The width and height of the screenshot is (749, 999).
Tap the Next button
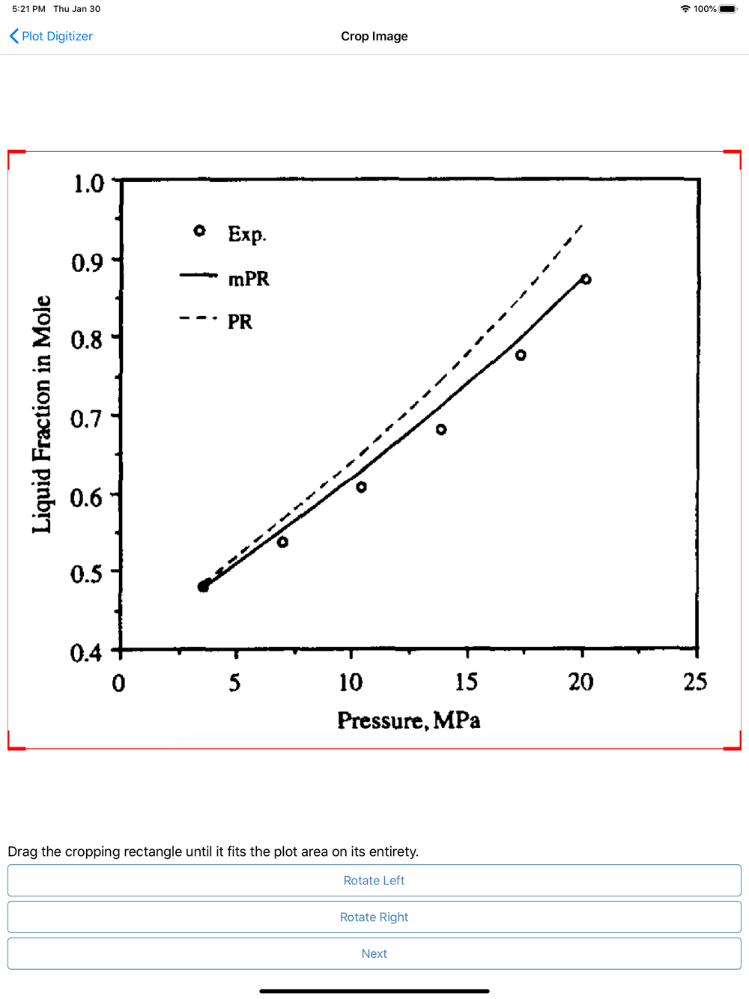click(374, 953)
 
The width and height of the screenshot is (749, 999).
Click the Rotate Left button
click(374, 881)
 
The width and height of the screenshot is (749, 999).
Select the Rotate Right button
click(374, 917)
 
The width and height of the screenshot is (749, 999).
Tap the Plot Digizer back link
click(51, 36)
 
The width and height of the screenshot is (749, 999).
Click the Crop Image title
click(374, 36)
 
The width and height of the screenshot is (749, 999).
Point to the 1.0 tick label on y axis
click(88, 183)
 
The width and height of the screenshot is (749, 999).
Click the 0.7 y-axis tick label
click(86, 419)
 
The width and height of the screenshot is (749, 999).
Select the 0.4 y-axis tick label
click(86, 653)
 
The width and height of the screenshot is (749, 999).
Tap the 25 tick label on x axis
click(695, 681)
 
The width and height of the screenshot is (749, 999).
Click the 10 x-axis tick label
click(351, 682)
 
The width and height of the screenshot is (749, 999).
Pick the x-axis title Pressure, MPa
click(408, 720)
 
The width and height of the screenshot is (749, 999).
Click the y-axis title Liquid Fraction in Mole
click(42, 414)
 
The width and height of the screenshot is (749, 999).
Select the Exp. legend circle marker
click(199, 231)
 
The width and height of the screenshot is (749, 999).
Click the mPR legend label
click(249, 279)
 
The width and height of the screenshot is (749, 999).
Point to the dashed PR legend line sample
click(198, 318)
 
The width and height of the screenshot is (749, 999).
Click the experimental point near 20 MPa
click(586, 279)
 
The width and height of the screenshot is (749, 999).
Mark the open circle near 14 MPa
click(441, 430)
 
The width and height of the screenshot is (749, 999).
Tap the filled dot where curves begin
click(203, 586)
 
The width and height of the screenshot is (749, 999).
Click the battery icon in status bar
click(728, 9)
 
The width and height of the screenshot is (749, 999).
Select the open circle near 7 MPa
click(282, 542)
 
